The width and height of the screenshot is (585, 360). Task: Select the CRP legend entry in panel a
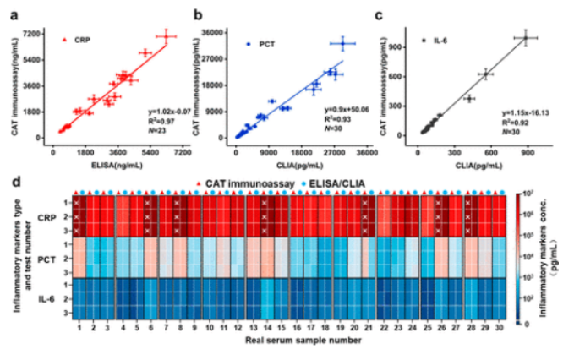84,40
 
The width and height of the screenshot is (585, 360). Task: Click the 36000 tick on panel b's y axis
213,32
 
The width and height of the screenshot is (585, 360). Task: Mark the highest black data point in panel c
525,38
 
